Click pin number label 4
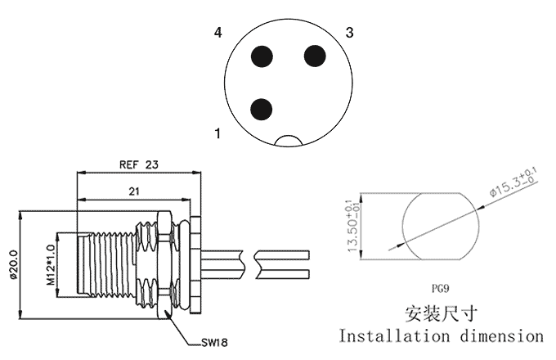(218, 34)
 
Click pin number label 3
(349, 34)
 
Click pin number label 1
(218, 133)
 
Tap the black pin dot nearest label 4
(262, 56)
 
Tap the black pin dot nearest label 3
(315, 56)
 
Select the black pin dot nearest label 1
(262, 108)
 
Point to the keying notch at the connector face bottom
(289, 141)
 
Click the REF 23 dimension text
(138, 164)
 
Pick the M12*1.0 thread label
(50, 263)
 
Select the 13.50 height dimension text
(352, 225)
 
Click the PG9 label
(442, 289)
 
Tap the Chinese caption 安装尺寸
(442, 313)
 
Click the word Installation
(392, 336)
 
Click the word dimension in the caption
(500, 336)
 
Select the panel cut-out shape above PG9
(442, 225)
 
